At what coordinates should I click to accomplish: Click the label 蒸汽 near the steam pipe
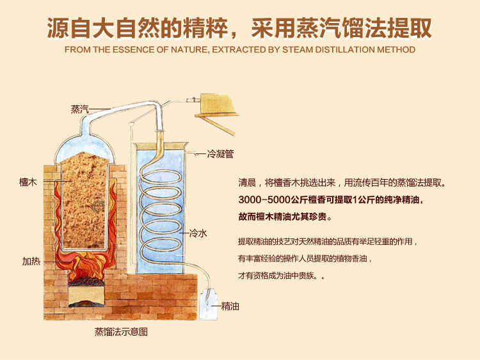[79, 109]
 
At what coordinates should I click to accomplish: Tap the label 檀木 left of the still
[28, 182]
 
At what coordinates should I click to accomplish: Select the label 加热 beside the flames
[31, 261]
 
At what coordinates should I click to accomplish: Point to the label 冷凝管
[220, 153]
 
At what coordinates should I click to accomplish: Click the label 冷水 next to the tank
[198, 233]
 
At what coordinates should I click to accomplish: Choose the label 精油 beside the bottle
[230, 306]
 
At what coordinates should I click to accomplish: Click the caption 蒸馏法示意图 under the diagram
[121, 332]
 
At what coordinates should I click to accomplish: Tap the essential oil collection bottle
[209, 306]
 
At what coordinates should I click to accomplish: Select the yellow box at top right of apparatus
[218, 104]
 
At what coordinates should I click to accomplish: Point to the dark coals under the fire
[86, 281]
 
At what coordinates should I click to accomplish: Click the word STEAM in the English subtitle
[297, 49]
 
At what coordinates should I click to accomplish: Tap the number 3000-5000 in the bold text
[264, 200]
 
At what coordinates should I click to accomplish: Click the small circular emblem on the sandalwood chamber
[99, 207]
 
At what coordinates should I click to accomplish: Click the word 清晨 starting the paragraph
[247, 183]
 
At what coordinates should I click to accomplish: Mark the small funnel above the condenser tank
[132, 125]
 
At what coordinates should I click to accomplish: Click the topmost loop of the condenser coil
[161, 176]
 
